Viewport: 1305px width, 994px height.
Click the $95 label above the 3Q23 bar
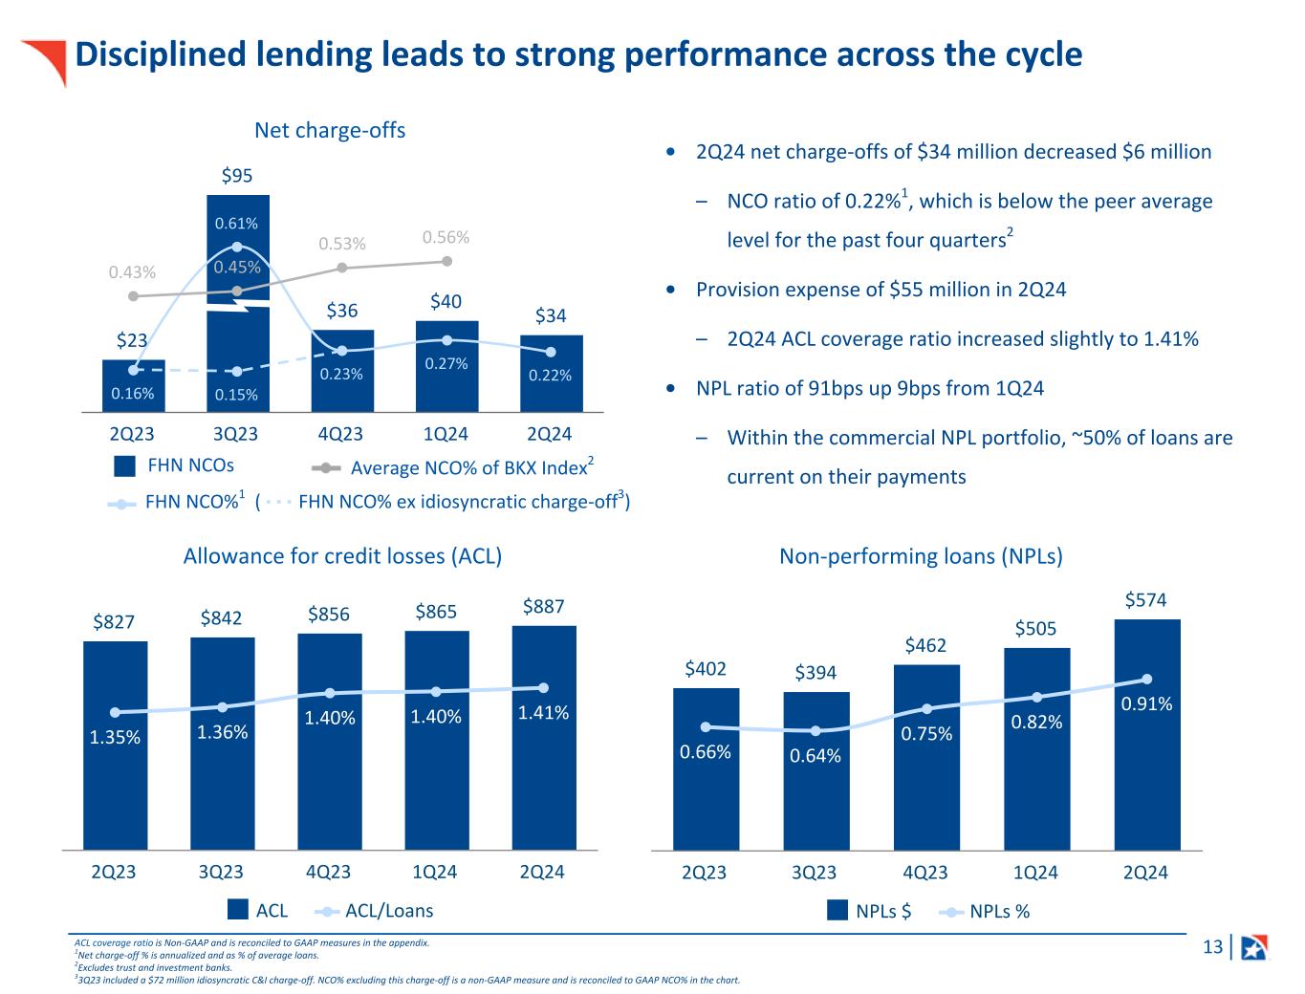point(237,175)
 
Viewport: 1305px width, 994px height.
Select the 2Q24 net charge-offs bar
point(551,373)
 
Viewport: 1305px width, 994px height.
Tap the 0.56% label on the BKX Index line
point(446,237)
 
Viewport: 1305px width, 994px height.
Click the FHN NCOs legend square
point(124,466)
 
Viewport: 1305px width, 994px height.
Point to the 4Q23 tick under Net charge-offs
point(340,434)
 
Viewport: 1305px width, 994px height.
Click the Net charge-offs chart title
point(330,130)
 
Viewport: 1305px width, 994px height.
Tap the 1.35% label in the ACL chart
point(115,737)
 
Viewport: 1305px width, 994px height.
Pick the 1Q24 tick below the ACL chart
point(435,872)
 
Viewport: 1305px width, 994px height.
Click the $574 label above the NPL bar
point(1145,600)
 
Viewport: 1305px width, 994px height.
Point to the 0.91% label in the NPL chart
point(1146,703)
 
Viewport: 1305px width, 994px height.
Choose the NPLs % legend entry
point(984,912)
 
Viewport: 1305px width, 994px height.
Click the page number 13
point(1212,947)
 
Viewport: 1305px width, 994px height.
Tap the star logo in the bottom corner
point(1253,947)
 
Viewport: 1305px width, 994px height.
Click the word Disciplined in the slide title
point(148,54)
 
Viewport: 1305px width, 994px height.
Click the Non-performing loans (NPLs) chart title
point(921,556)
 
